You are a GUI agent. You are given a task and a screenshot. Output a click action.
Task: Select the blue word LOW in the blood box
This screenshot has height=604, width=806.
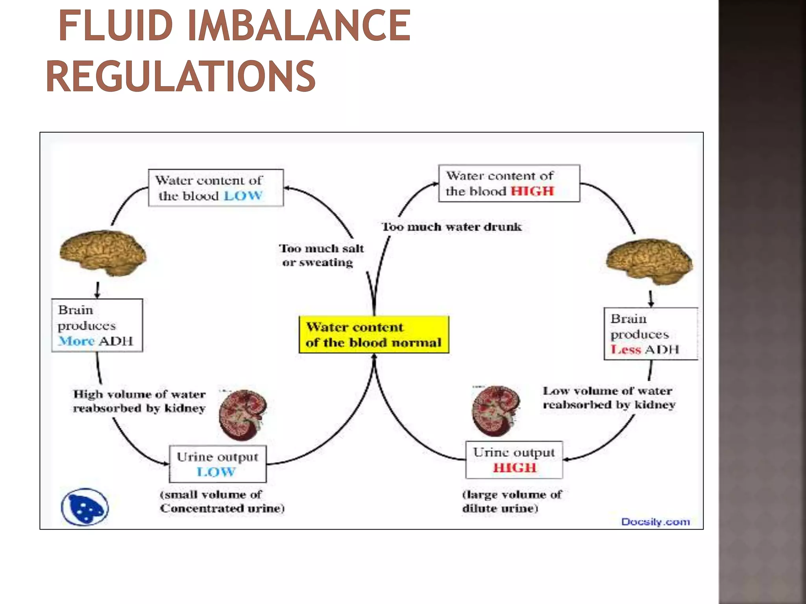pyautogui.click(x=242, y=195)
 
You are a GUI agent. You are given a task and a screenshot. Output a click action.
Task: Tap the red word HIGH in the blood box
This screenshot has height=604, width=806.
pyautogui.click(x=532, y=191)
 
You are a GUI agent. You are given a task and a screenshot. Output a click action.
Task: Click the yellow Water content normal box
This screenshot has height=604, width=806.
pyautogui.click(x=373, y=335)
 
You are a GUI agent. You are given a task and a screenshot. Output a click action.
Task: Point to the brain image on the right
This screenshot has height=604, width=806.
pyautogui.click(x=649, y=261)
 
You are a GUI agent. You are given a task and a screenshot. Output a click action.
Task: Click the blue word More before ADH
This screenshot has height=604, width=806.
pyautogui.click(x=76, y=341)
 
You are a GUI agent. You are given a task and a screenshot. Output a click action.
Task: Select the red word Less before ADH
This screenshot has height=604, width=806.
pyautogui.click(x=625, y=349)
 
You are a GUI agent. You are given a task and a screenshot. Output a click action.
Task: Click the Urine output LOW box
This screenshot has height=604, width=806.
pyautogui.click(x=217, y=464)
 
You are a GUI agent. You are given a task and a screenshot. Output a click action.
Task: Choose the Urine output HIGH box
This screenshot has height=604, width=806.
pyautogui.click(x=514, y=460)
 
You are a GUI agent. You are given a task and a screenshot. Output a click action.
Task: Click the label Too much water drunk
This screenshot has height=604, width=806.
pyautogui.click(x=451, y=227)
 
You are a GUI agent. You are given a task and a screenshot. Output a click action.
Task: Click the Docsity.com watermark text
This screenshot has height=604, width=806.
pyautogui.click(x=655, y=522)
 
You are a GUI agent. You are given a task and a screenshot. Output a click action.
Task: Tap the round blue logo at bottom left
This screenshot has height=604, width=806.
pyautogui.click(x=85, y=507)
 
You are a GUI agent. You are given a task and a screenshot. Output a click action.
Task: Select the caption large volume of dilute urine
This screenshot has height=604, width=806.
pyautogui.click(x=511, y=501)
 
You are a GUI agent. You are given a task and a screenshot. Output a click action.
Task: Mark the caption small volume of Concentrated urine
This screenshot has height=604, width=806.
pyautogui.click(x=222, y=501)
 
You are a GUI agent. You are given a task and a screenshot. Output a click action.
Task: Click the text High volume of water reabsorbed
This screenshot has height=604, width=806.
pyautogui.click(x=139, y=401)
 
